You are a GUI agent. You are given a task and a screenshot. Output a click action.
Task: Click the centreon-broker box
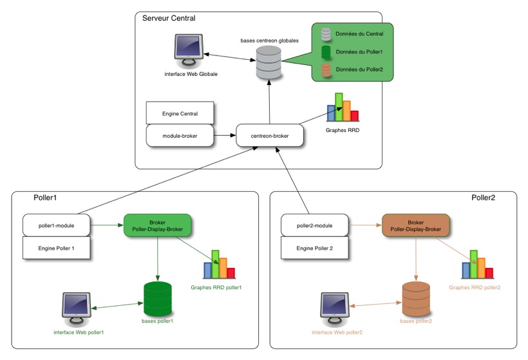coord(269,136)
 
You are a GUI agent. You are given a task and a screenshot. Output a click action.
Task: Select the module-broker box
coord(180,135)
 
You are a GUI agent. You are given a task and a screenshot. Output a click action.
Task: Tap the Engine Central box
coord(180,113)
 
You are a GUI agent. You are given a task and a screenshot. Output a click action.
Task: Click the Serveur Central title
coord(169,18)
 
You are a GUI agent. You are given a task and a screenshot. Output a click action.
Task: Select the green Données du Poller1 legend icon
coord(326,51)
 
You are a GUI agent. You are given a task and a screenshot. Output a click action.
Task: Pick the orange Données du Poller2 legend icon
coord(326,70)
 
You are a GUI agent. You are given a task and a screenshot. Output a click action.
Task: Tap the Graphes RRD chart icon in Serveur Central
coord(342,108)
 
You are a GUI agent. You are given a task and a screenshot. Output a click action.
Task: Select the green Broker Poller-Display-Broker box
coord(158,225)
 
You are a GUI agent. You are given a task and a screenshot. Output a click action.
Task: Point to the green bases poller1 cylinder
coord(157,297)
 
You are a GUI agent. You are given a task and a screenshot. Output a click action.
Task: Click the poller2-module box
coord(315,225)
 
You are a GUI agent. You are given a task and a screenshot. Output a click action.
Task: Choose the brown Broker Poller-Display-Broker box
coord(415,225)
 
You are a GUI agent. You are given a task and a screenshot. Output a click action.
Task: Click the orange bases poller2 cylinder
coord(415,298)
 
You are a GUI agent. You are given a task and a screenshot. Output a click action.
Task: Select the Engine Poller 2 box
coord(315,247)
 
